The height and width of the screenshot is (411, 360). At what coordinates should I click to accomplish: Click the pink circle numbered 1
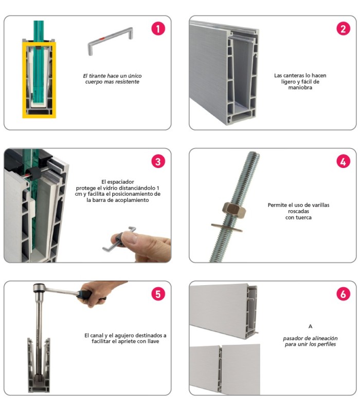click(158, 29)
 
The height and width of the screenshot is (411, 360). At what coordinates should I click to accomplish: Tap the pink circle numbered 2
click(343, 29)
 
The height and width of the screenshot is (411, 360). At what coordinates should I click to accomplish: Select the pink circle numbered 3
click(158, 161)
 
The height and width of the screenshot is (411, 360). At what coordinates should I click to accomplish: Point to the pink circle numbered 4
click(343, 161)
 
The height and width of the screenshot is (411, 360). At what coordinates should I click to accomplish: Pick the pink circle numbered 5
click(158, 294)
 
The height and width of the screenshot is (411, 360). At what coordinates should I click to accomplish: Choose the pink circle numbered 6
click(343, 294)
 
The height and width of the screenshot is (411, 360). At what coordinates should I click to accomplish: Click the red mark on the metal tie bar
click(102, 39)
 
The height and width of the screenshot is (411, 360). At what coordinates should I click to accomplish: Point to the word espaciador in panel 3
click(121, 182)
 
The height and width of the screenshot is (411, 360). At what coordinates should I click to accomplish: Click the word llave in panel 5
click(153, 341)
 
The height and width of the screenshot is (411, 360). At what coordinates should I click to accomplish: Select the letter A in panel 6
click(311, 326)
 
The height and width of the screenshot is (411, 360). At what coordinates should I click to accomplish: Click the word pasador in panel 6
click(293, 339)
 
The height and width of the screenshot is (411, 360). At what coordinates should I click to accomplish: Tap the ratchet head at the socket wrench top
click(40, 288)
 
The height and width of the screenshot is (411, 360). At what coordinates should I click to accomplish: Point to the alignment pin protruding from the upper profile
click(257, 332)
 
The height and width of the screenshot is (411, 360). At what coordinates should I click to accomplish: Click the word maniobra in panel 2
click(300, 87)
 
